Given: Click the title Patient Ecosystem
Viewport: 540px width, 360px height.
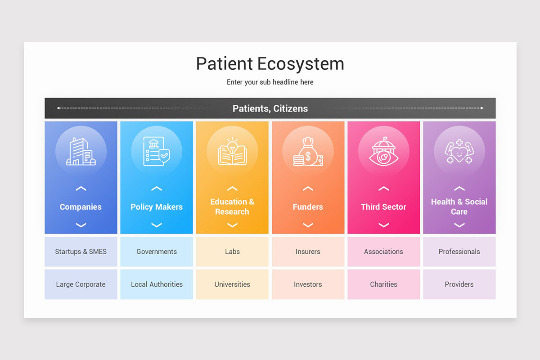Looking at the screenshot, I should [x=270, y=64].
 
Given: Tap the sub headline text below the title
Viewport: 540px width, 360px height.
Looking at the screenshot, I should [x=270, y=82].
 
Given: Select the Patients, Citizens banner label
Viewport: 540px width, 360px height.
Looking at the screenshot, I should [x=270, y=108].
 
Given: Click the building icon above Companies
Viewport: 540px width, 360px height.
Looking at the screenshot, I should [x=81, y=152].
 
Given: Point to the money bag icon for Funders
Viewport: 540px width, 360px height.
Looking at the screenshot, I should [x=308, y=152].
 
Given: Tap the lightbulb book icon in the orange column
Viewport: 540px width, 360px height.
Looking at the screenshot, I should [x=232, y=152].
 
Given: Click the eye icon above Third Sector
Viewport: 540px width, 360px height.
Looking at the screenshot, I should [x=383, y=152].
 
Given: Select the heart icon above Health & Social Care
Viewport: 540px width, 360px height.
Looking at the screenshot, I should [x=459, y=152].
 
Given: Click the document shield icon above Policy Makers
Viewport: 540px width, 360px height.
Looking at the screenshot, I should [x=157, y=152].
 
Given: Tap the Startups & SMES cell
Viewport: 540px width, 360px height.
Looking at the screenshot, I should [x=81, y=252].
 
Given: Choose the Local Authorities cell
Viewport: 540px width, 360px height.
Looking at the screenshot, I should [x=157, y=284].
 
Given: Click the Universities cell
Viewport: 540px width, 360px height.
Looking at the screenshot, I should [x=232, y=284].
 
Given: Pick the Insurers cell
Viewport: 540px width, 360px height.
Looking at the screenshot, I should [x=308, y=252].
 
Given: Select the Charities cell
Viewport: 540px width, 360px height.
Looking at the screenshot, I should [x=383, y=284].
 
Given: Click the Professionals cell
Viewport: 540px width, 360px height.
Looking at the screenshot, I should [x=459, y=252].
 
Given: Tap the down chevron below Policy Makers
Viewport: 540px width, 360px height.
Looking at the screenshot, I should [x=157, y=225].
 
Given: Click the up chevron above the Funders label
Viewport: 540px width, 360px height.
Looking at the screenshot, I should [x=308, y=189].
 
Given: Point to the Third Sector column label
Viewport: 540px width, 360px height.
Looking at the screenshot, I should [x=383, y=207].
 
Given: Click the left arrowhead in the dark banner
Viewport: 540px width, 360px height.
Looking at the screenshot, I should [x=58, y=108].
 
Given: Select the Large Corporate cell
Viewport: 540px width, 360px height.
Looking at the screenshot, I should [x=81, y=284].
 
